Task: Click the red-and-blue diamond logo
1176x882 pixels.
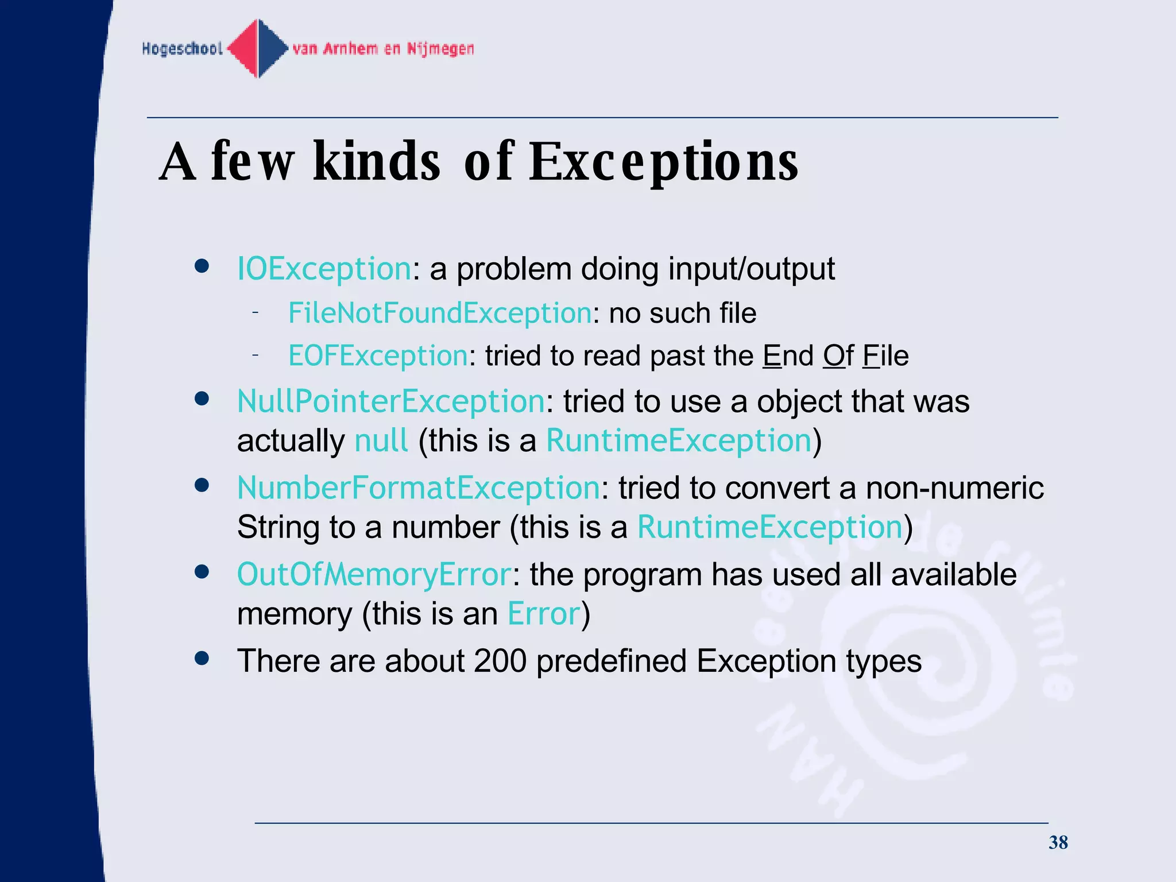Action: point(258,48)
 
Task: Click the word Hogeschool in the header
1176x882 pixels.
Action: point(182,49)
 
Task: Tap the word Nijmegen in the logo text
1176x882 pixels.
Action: point(440,49)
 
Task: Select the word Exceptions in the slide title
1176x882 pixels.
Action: point(663,163)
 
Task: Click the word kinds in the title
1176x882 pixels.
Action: point(377,163)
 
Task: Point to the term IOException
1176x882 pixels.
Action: point(324,269)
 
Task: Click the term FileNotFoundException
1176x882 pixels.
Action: point(440,314)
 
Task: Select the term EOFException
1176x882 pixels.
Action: point(378,356)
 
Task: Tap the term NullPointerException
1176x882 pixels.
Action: point(390,401)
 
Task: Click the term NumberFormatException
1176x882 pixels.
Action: point(419,488)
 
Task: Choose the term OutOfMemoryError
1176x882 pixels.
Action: point(374,575)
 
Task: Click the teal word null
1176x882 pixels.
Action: point(381,441)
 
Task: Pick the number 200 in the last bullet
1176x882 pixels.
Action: point(500,661)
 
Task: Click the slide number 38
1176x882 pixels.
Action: point(1058,842)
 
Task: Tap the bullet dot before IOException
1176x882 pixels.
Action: point(202,266)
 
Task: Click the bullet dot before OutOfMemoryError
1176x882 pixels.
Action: point(202,572)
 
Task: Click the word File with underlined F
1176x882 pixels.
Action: point(885,356)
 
